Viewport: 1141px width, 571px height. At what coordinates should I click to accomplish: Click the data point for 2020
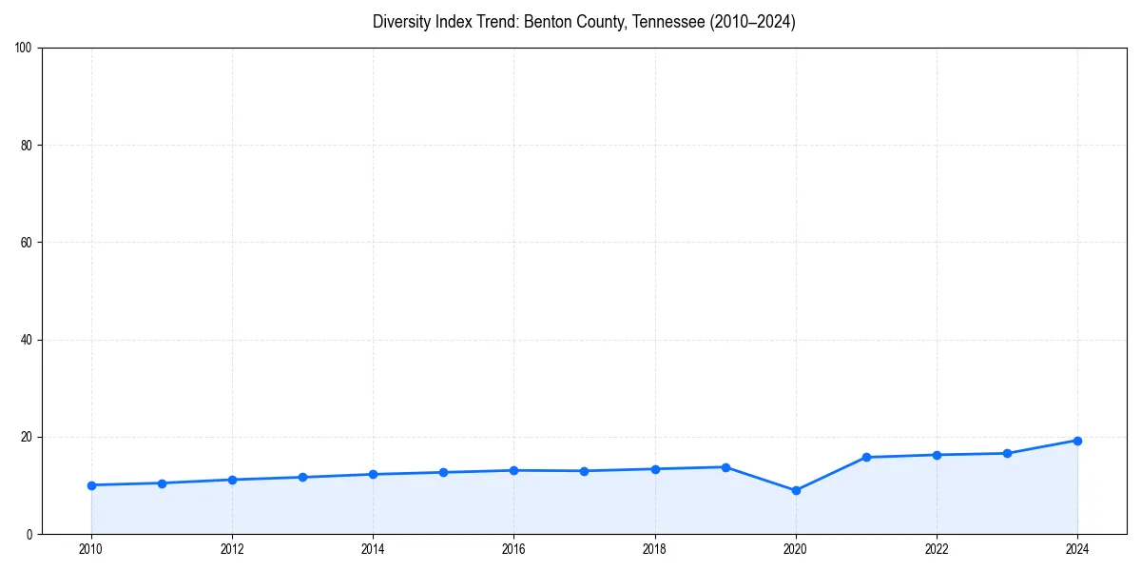click(796, 490)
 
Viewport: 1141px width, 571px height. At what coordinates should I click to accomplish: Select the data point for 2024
click(1077, 441)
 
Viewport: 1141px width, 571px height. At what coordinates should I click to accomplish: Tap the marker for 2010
click(91, 485)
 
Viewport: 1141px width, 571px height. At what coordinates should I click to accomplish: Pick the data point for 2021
click(866, 457)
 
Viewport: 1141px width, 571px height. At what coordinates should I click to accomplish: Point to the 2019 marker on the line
click(725, 467)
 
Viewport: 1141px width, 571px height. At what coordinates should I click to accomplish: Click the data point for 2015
click(443, 472)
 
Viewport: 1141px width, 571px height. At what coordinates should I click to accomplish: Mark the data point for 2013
click(302, 477)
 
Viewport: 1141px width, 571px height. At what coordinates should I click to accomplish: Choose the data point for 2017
click(584, 471)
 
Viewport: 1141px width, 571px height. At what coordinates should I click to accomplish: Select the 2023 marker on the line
click(1007, 453)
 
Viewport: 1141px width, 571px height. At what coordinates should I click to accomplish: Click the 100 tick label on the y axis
click(24, 48)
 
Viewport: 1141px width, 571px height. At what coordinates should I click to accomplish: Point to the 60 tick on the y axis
click(27, 243)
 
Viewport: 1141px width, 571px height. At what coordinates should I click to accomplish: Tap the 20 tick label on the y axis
click(27, 437)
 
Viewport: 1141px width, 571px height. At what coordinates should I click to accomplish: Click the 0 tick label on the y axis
click(29, 534)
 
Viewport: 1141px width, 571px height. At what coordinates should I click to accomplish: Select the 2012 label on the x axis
click(232, 549)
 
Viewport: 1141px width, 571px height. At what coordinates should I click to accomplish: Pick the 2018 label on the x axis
click(654, 549)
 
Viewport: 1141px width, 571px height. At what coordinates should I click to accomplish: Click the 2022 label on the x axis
click(937, 549)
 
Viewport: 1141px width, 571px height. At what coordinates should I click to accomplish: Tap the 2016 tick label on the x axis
click(513, 549)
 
